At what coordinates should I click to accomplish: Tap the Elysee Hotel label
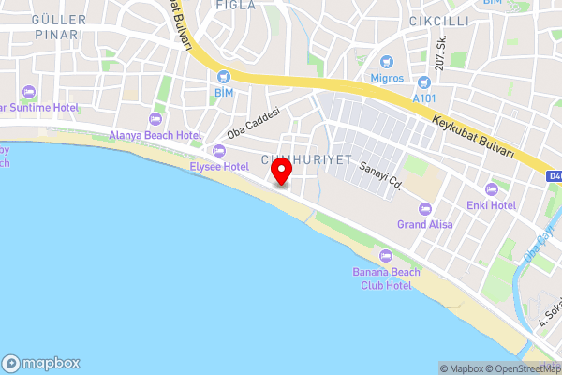tap(218, 166)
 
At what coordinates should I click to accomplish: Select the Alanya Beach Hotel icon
tap(155, 119)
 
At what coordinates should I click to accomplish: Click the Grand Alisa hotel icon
tap(425, 208)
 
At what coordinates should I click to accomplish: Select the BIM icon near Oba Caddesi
tap(223, 78)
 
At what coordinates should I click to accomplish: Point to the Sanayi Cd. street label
tap(380, 175)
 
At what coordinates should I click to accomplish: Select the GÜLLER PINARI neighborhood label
tap(57, 26)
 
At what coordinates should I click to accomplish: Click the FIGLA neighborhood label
tap(235, 5)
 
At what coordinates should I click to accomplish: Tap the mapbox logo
tap(41, 364)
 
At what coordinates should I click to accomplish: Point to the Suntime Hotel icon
tap(28, 92)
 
